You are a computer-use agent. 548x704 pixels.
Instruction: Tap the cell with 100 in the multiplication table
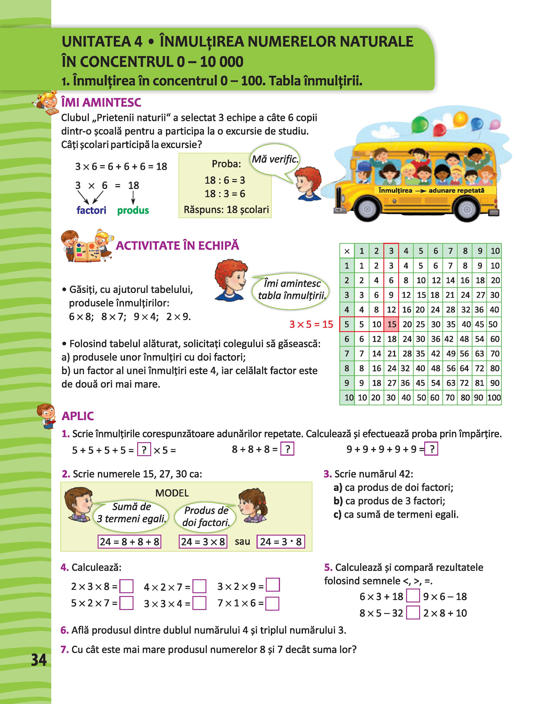tap(494, 397)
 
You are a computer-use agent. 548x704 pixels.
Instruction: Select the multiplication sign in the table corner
tap(347, 251)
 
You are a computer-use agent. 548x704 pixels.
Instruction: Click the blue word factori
tap(91, 210)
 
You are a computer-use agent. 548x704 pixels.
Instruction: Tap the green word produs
tap(133, 210)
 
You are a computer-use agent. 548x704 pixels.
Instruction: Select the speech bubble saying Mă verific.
tap(275, 159)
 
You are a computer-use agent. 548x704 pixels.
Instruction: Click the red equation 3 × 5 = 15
tap(311, 324)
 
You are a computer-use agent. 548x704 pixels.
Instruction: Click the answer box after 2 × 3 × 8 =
tap(126, 586)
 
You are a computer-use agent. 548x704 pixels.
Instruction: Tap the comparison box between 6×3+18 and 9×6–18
tap(413, 596)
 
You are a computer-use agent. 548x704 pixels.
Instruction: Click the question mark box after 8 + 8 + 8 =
tap(287, 449)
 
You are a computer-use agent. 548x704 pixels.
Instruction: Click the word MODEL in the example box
tap(172, 493)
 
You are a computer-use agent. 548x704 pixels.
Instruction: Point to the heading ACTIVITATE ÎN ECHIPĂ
tap(177, 246)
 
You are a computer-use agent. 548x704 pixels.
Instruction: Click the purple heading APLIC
tap(78, 416)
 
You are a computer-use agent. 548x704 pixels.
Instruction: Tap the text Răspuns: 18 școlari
tap(226, 210)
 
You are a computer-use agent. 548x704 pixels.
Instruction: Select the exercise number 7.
tap(65, 649)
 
